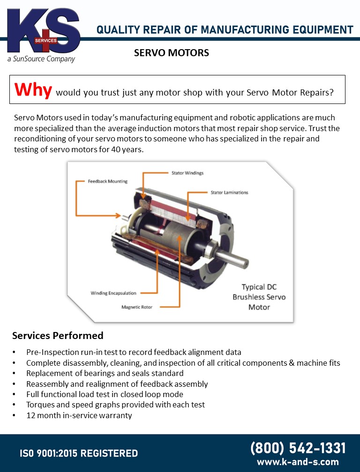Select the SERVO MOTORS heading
(172, 53)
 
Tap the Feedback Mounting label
(108, 181)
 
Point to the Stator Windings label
(187, 173)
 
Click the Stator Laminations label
(229, 192)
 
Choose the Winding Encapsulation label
(113, 293)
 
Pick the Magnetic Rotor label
(137, 307)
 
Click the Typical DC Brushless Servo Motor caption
(259, 297)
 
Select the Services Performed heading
(58, 336)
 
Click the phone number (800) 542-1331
(298, 448)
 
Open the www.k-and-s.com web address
(298, 462)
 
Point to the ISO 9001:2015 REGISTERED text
(79, 453)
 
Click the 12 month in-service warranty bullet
(79, 415)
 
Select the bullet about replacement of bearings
(105, 373)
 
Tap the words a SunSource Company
(41, 59)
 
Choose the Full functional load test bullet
(105, 394)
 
